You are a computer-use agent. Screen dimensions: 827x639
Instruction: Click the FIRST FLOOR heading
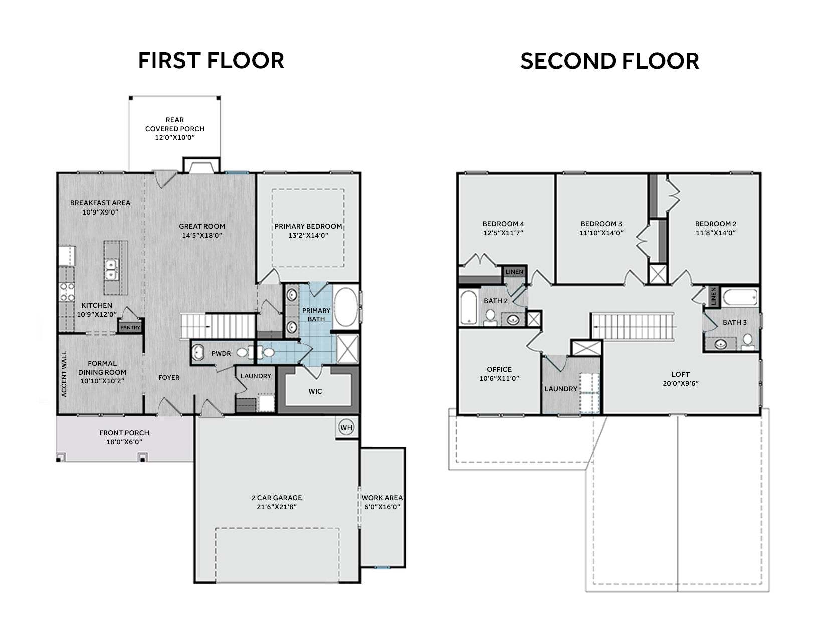pos(211,61)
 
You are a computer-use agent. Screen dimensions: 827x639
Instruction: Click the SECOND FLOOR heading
pos(609,61)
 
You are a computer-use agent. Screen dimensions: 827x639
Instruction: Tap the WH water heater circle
pos(346,428)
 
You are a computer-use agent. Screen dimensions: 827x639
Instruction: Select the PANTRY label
pos(130,327)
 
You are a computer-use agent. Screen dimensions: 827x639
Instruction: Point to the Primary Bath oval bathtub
pos(345,307)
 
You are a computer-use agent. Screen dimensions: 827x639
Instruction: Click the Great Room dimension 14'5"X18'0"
pos(201,235)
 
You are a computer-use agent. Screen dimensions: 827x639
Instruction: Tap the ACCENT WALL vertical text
pos(64,374)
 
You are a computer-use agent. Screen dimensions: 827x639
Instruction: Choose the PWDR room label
pos(221,353)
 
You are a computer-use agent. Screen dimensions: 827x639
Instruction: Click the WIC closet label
pos(315,391)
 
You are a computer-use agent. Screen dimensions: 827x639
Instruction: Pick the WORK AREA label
pos(382,498)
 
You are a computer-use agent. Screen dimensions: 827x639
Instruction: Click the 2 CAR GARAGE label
pos(277,498)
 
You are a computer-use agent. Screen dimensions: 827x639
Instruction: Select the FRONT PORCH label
pos(124,433)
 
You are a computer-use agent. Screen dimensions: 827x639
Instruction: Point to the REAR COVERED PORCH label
pos(175,124)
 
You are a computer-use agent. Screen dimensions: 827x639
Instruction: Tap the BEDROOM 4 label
pos(503,224)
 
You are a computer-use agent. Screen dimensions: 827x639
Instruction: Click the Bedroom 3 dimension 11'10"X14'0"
pos(601,233)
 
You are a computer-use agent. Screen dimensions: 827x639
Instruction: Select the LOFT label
pos(681,374)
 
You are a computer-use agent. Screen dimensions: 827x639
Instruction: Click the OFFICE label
pos(499,369)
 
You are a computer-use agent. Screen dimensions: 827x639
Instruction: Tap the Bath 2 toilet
pos(490,318)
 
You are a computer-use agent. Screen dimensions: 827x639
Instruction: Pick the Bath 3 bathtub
pos(740,297)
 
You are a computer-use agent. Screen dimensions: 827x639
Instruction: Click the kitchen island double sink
pos(111,269)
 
